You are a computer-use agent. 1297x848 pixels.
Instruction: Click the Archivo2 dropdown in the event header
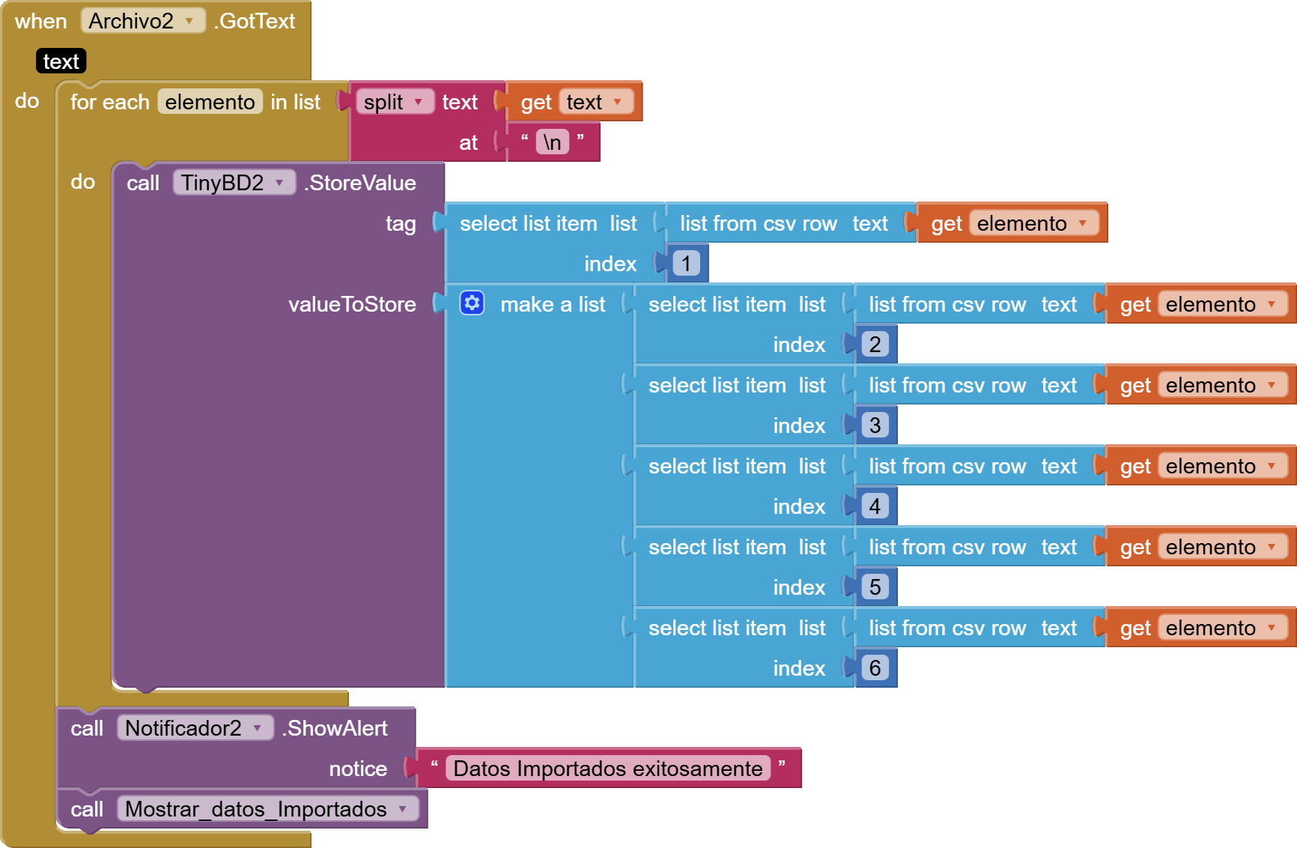(x=142, y=21)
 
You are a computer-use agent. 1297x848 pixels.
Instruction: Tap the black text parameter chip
(x=61, y=61)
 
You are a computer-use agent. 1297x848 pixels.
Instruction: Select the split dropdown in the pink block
(x=394, y=102)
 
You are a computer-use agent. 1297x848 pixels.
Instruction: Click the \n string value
(x=553, y=142)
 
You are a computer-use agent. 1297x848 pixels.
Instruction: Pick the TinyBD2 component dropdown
(x=233, y=183)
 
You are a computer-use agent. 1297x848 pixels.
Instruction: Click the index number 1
(x=686, y=264)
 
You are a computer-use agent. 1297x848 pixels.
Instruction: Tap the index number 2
(x=875, y=345)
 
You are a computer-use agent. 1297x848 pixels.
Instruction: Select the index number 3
(x=875, y=425)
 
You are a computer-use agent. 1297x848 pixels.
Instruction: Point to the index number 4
(x=875, y=506)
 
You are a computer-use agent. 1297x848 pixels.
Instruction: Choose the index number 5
(x=875, y=587)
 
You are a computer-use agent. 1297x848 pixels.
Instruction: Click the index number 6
(x=875, y=668)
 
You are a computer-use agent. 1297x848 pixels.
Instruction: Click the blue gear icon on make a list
(x=472, y=303)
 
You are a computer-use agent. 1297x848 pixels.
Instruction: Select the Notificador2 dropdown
(x=194, y=728)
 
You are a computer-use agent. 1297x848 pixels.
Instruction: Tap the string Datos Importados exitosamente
(x=607, y=769)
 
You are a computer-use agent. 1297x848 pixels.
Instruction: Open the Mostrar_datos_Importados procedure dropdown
(x=267, y=809)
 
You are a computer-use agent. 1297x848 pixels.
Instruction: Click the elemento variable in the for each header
(x=210, y=102)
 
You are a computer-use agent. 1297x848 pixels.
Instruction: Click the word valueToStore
(x=352, y=304)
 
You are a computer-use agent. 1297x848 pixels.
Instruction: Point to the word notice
(x=358, y=769)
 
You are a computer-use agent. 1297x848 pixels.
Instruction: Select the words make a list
(x=553, y=304)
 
